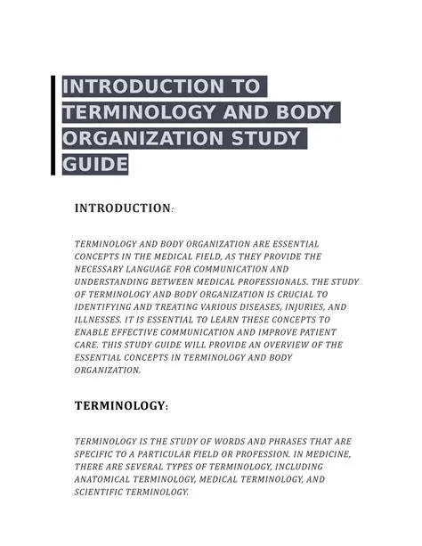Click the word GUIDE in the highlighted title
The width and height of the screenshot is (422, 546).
click(x=95, y=165)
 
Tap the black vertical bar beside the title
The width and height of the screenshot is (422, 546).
click(x=54, y=126)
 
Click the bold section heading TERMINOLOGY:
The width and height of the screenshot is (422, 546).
click(x=120, y=405)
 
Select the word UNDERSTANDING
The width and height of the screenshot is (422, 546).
click(x=115, y=281)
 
